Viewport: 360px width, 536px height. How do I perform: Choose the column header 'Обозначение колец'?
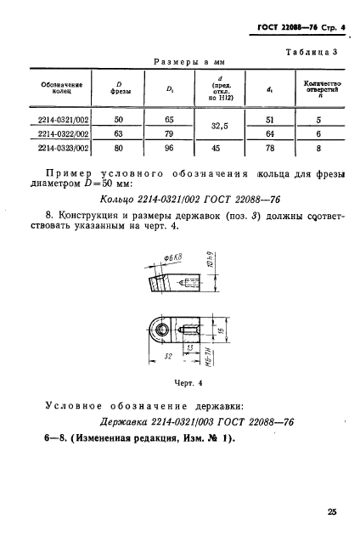50,90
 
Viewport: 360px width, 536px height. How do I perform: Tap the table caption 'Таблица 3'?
314,52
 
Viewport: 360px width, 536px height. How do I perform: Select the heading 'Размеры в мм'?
184,63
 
